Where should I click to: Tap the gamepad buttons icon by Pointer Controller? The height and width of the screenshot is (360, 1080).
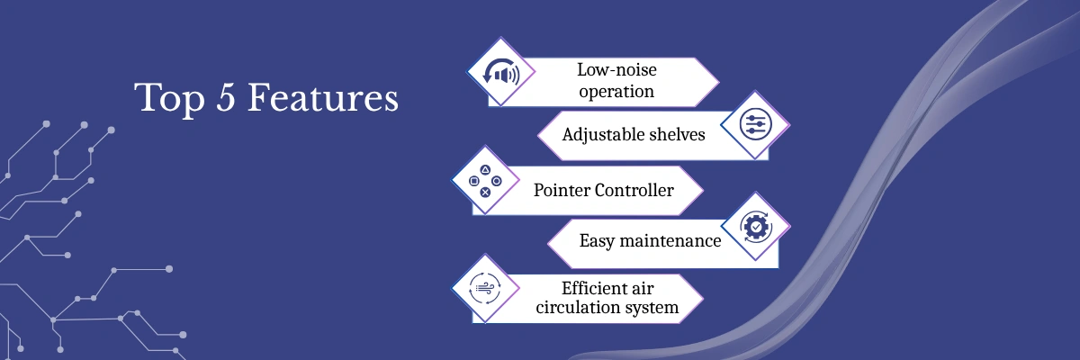(485, 181)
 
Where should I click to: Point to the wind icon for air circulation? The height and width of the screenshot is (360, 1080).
(485, 288)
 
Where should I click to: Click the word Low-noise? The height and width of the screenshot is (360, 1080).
(616, 71)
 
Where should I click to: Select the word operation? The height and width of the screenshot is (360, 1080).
(616, 91)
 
